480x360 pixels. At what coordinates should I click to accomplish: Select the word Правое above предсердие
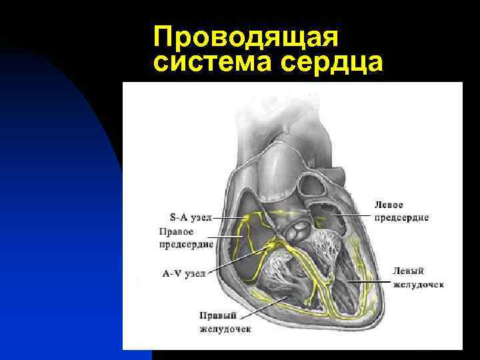(x=176, y=232)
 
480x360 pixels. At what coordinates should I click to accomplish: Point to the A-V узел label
(x=184, y=272)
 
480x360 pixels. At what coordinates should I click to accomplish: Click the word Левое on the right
(x=389, y=204)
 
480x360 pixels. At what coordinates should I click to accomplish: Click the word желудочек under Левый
(x=418, y=285)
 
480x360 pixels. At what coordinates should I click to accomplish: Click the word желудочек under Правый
(x=225, y=329)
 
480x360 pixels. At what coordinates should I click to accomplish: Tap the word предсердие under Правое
(x=186, y=245)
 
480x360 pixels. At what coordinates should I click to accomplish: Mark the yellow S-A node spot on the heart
(x=248, y=218)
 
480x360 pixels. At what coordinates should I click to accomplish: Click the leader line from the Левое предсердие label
(x=347, y=215)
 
